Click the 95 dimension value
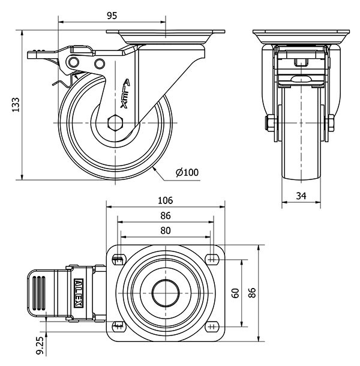click(x=112, y=16)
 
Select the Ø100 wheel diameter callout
click(x=187, y=173)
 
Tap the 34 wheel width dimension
click(x=301, y=196)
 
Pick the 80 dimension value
click(x=166, y=231)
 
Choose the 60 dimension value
click(x=236, y=293)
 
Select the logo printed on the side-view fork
click(x=126, y=94)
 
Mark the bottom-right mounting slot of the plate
click(x=211, y=326)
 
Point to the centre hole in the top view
click(x=165, y=293)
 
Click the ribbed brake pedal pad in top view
click(x=39, y=292)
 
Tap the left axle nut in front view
click(x=270, y=124)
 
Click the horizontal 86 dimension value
click(x=166, y=216)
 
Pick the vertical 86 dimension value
click(x=253, y=293)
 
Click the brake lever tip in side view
click(x=31, y=55)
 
